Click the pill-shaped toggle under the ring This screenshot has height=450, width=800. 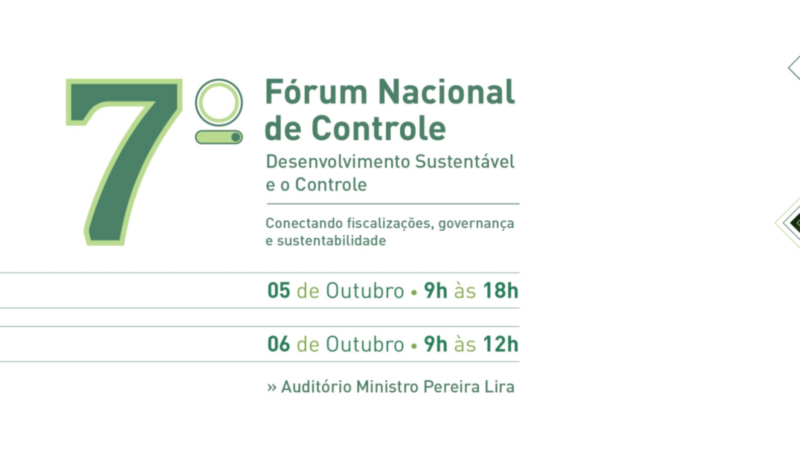point(219,137)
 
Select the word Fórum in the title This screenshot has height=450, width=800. point(316,92)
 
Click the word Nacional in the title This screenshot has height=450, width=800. point(446,92)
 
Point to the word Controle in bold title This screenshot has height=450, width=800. point(379,128)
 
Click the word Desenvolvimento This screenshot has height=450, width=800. point(338,162)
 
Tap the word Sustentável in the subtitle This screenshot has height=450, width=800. point(465,162)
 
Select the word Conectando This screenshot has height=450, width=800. point(304,223)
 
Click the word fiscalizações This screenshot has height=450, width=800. point(390,224)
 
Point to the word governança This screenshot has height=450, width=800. point(476,224)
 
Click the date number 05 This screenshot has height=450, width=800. point(279,291)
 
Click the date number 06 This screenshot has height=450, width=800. point(279,344)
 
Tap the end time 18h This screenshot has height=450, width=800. point(501,291)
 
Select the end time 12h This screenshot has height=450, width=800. point(501,344)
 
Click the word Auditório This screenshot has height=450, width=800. point(316,387)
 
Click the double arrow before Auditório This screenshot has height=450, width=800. point(272,388)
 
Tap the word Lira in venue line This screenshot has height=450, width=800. point(499,387)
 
